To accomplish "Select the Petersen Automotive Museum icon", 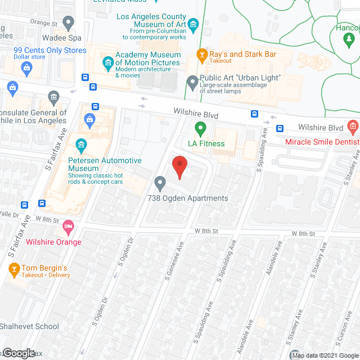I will pos(81,147).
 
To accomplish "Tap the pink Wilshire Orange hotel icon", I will pos(69,228).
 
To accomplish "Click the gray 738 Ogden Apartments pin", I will pos(160,183).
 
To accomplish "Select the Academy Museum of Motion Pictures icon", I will pos(107,62).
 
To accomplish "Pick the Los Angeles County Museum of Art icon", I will pos(194,24).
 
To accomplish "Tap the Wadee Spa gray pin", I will pos(69,24).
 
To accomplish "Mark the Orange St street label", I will pos(44,24).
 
